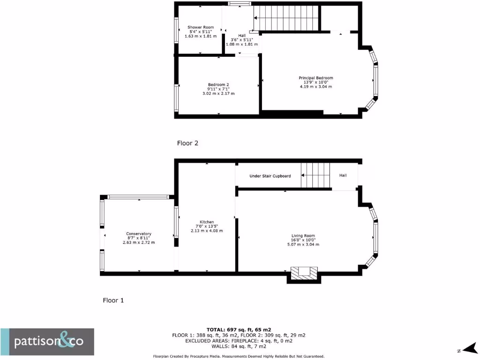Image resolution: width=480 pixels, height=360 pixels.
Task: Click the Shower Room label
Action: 201,27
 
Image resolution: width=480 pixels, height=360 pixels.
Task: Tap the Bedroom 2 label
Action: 218,84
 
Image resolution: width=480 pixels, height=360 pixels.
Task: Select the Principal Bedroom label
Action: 316,78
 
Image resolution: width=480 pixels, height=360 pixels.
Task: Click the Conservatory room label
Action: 138,233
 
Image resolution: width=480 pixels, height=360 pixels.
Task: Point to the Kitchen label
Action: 207,222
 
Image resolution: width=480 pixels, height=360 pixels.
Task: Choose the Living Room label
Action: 302,236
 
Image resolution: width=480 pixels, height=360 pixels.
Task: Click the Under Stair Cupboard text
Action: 270,176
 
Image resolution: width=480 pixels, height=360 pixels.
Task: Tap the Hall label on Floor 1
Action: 343,175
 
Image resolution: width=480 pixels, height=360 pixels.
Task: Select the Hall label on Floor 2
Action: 242,36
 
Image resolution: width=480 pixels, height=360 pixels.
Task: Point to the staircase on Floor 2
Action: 286,18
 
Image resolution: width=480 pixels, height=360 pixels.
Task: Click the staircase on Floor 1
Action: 315,175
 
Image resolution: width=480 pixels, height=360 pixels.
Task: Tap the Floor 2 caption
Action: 187,143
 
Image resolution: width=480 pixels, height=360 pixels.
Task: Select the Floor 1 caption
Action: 113,300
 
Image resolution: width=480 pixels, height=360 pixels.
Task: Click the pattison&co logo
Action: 47,342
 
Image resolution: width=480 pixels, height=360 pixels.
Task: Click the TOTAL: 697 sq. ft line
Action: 239,330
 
